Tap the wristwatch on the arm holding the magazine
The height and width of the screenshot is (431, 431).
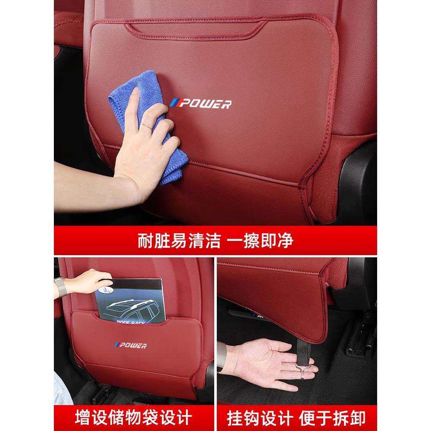pos(61,287)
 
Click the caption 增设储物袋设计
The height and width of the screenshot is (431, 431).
pos(134,417)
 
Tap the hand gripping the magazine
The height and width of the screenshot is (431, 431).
pos(93,280)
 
